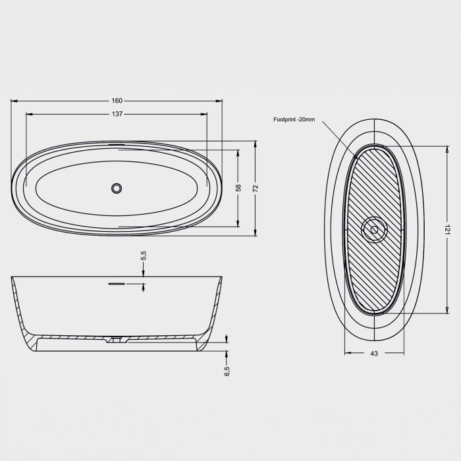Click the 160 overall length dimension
point(117,101)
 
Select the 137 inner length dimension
point(117,114)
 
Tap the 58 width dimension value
point(238,188)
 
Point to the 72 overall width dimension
point(256,188)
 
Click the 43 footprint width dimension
point(374,354)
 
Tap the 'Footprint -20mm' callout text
point(294,119)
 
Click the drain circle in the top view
point(117,188)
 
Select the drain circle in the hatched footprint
point(374,230)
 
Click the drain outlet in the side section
point(117,340)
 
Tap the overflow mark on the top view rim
point(117,144)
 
